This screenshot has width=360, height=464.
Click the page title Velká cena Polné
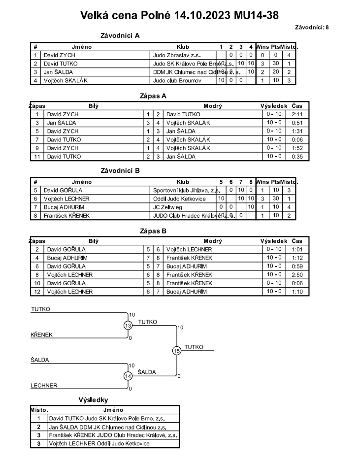[x=180, y=15]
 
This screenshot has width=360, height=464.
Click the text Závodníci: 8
[x=312, y=27]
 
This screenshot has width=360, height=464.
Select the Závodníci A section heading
[x=120, y=35]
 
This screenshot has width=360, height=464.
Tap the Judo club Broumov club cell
[x=177, y=80]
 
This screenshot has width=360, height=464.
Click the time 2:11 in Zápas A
[x=297, y=114]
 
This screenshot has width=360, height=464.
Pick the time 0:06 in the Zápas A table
[x=297, y=139]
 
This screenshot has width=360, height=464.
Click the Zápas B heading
[x=154, y=230]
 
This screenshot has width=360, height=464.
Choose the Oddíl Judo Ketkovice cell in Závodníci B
[x=177, y=199]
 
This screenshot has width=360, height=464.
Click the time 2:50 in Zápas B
[x=297, y=274]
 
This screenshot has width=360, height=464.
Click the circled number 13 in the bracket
[x=128, y=325]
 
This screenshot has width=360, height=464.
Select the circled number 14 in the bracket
[x=128, y=376]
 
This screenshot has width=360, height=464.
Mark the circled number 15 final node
[x=177, y=351]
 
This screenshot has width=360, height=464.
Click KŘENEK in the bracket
[x=41, y=335]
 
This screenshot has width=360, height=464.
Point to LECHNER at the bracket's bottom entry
[x=44, y=386]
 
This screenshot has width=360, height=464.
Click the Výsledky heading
[x=93, y=400]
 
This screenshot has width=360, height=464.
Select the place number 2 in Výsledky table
[x=39, y=427]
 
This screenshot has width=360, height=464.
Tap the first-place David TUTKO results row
[x=114, y=418]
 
